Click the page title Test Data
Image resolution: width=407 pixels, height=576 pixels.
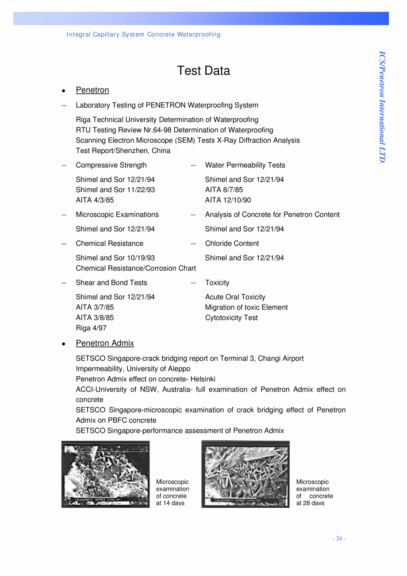coord(203,71)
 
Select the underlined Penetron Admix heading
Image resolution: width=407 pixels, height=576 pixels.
coord(105,343)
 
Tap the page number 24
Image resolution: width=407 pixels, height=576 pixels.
coord(339,538)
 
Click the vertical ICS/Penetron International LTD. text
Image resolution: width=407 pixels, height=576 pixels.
coord(382,107)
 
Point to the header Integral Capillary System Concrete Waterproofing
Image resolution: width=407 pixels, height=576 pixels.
coord(143,35)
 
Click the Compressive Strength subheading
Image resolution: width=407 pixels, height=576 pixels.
coord(111,165)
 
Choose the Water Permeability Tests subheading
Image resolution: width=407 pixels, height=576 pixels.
coord(245,165)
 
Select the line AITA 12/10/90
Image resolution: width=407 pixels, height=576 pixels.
coord(228,200)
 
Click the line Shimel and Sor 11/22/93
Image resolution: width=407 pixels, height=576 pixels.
coord(115,189)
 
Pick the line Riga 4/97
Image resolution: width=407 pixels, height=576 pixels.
coord(91,328)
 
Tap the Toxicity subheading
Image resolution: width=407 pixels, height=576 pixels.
coord(217,282)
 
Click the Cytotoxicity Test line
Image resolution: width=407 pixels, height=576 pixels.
coord(231,318)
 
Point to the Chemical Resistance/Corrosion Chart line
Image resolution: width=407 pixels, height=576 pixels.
coord(136,268)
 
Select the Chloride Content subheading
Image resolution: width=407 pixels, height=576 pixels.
coord(232,244)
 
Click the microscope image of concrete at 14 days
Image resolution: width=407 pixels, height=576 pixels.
coord(105,474)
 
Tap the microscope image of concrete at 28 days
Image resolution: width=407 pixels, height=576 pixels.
coord(245,474)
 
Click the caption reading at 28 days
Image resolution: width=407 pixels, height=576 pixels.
coord(310,503)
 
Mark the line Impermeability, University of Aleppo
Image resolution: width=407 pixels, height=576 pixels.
coord(133,368)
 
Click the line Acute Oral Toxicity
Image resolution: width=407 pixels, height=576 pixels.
coord(235,297)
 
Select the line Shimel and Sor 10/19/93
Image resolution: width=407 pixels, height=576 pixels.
coord(115,258)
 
